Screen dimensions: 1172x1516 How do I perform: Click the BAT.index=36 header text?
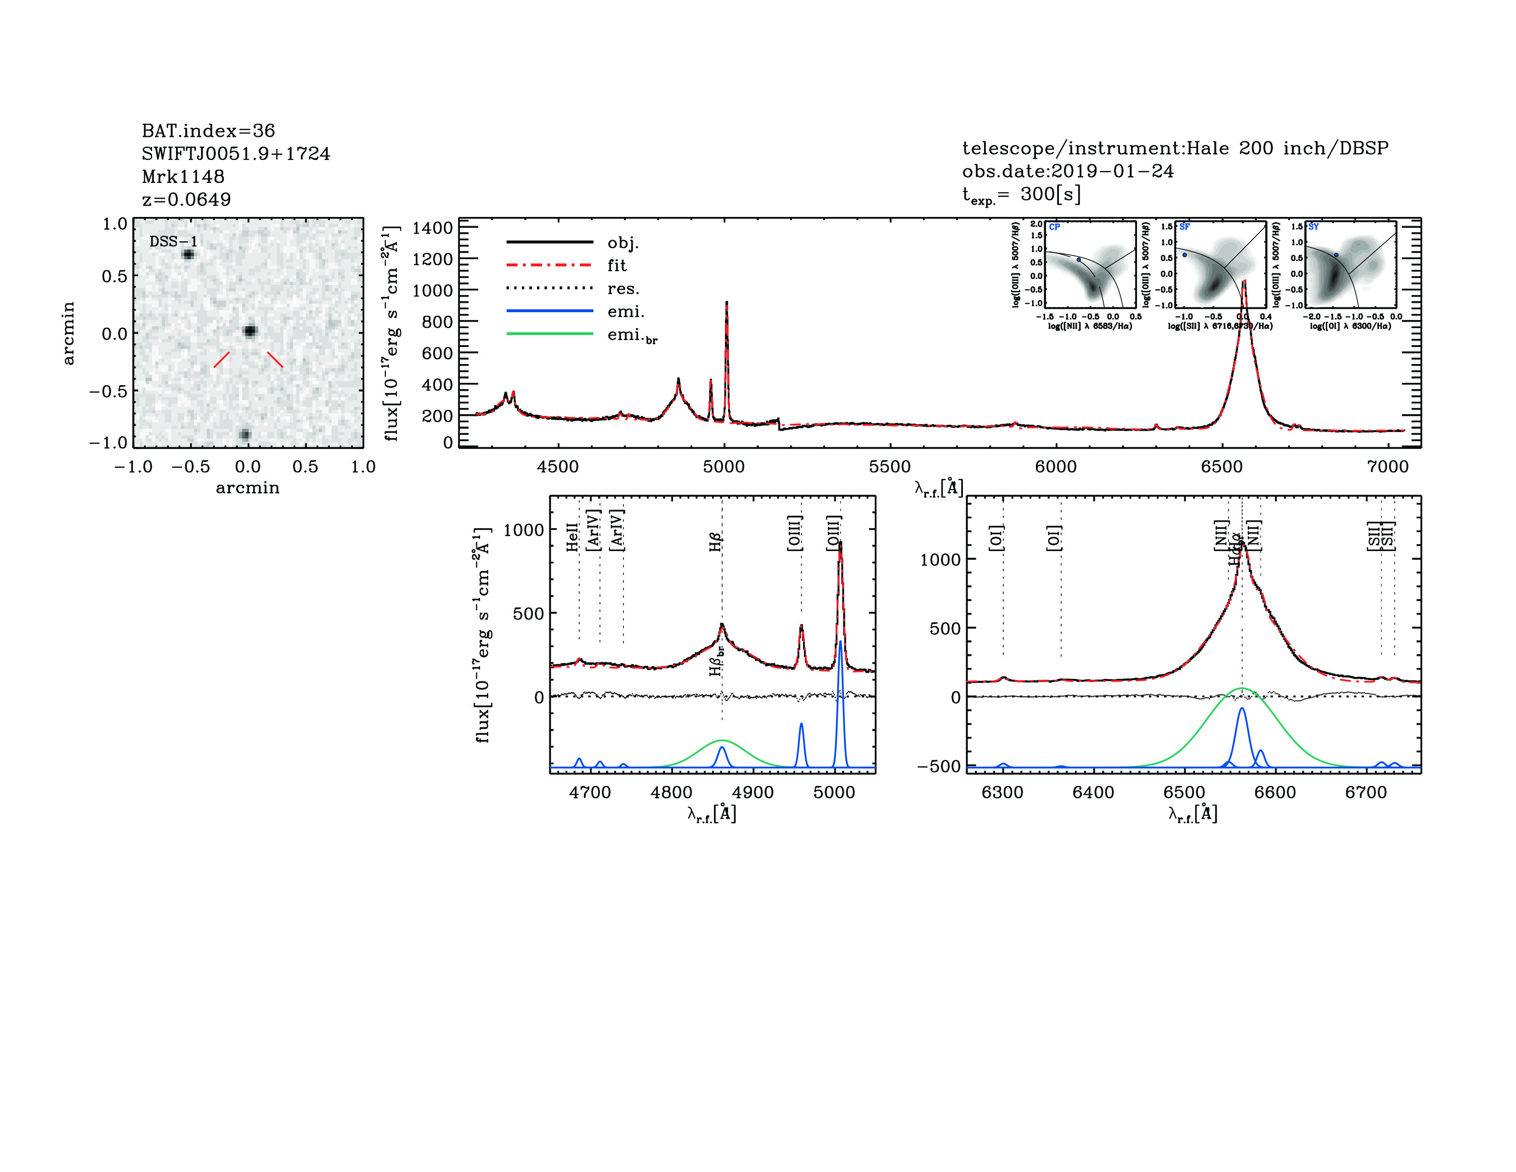tap(208, 131)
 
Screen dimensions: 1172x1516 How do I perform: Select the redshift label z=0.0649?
tap(186, 199)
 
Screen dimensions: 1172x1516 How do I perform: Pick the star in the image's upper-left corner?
tap(187, 254)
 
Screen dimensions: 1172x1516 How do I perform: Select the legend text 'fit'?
tap(617, 265)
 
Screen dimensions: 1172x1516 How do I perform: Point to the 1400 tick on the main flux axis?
tap(432, 228)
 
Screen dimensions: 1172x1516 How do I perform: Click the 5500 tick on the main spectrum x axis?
tap(889, 467)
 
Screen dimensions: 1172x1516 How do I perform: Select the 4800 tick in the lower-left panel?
tap(671, 792)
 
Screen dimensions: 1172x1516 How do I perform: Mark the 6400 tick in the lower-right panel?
tap(1093, 792)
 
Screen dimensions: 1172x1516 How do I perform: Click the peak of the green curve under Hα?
tap(1242, 688)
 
